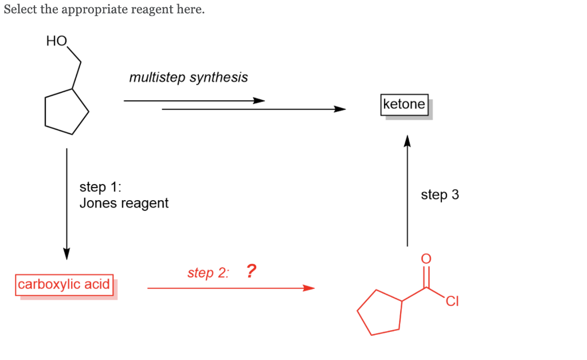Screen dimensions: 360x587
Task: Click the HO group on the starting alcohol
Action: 57,41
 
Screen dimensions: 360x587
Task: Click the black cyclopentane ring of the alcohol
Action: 66,111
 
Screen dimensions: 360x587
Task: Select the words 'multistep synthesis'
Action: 189,77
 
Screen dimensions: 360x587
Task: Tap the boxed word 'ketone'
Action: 404,104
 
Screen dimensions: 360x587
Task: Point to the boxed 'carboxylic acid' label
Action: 64,284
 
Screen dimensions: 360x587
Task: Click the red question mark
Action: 251,271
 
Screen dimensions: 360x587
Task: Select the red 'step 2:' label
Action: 208,273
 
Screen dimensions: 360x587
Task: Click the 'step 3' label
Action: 440,195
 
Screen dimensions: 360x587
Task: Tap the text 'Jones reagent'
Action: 124,203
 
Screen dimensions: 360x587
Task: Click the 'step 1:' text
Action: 100,187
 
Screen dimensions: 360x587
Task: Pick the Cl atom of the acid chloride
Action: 452,301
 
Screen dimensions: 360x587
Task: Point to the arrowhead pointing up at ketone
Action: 407,141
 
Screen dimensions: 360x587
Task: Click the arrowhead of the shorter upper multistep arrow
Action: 259,101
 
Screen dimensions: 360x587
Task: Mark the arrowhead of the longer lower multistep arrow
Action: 340,109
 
